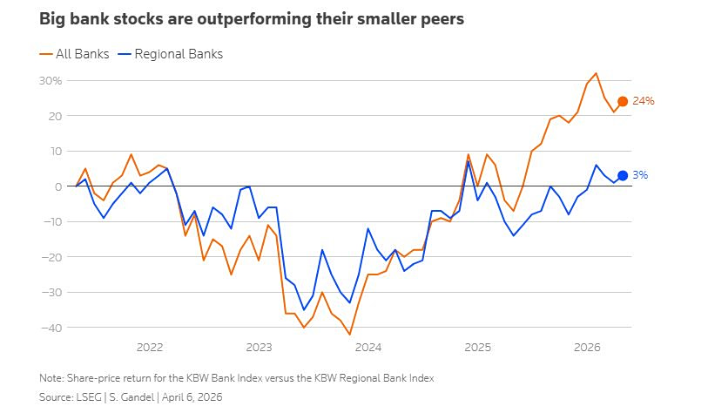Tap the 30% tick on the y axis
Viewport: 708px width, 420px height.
pos(51,80)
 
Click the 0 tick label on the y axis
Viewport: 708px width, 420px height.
pos(58,186)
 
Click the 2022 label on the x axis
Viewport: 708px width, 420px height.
pos(150,347)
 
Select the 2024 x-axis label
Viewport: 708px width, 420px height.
pos(368,347)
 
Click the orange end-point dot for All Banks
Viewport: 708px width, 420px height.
pos(623,102)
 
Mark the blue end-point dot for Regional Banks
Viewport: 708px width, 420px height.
pos(623,176)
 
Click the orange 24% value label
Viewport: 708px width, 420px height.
pos(643,102)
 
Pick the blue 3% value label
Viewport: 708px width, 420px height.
pos(639,176)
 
